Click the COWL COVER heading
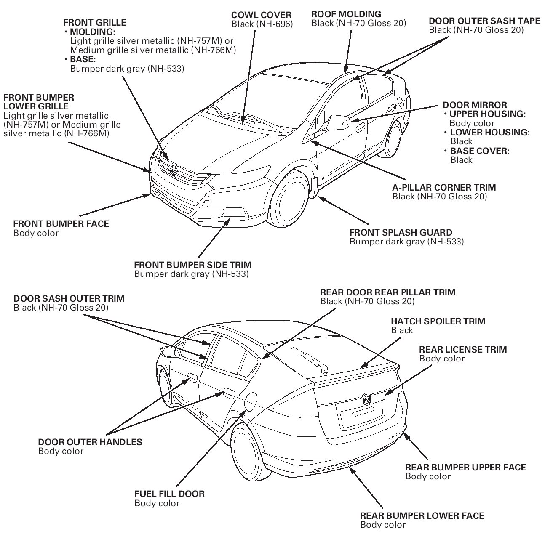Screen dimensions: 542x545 255,16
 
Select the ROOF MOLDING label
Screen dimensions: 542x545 346,14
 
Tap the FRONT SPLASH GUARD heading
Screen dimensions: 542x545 401,232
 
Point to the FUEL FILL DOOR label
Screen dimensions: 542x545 169,494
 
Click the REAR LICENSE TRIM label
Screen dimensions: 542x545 462,349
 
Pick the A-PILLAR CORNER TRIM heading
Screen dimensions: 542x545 444,187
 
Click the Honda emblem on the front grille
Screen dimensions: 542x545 173,171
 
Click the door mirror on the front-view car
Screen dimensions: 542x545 337,122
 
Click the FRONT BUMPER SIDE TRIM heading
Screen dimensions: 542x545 192,265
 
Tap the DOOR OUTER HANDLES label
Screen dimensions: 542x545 90,442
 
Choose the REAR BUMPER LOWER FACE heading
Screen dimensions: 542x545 422,515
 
